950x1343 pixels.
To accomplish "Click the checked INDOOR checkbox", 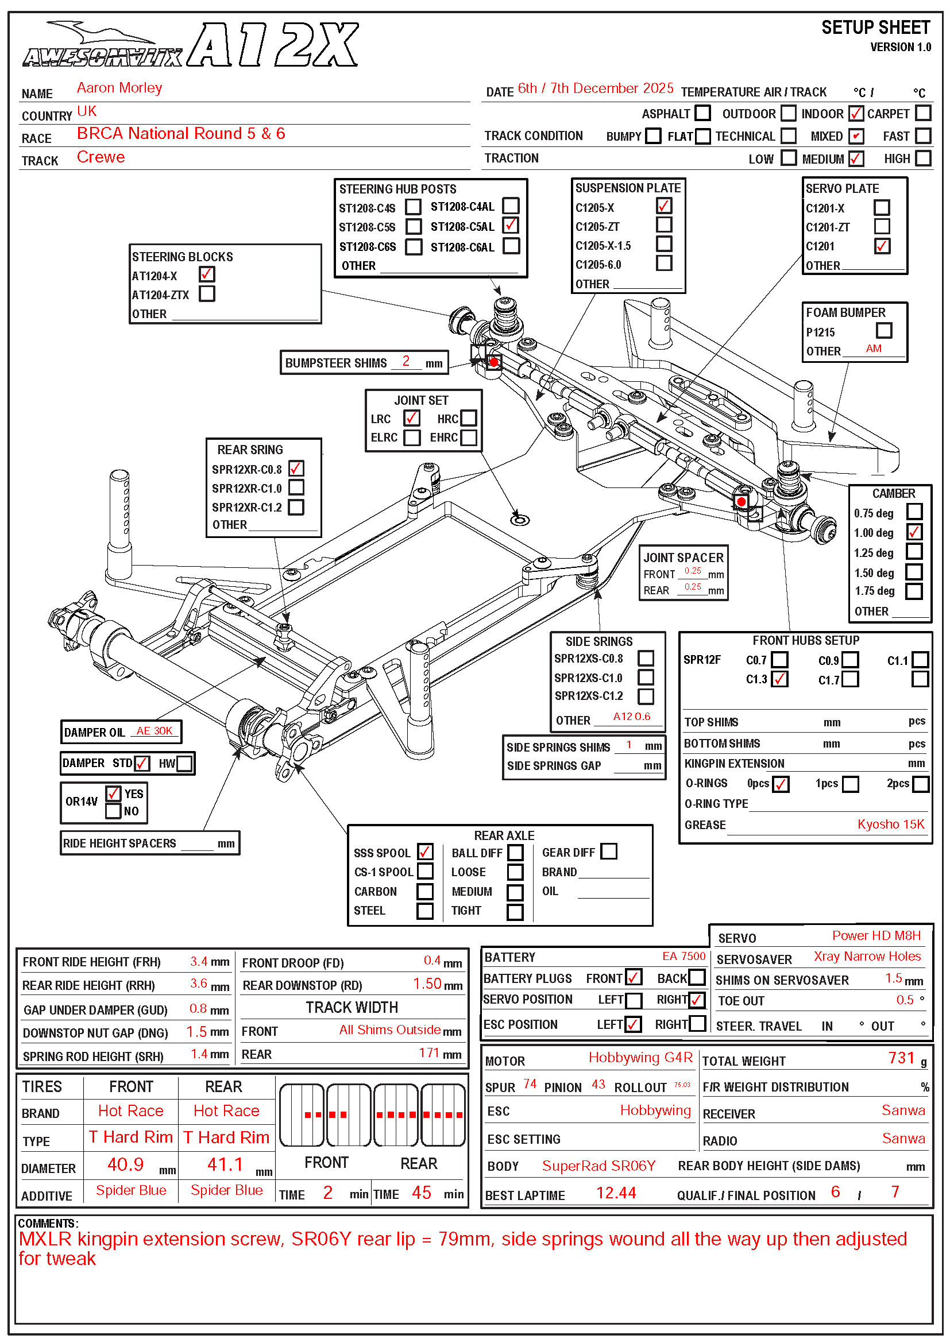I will (x=856, y=113).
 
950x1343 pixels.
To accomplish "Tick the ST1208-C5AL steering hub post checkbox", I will (x=511, y=225).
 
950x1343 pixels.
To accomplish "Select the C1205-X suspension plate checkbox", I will (x=664, y=206).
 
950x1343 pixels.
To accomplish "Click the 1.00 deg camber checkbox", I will (x=914, y=532).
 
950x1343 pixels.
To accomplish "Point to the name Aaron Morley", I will (x=119, y=88).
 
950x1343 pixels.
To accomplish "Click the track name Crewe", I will (x=101, y=157).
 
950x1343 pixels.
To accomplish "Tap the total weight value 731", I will (x=901, y=1058).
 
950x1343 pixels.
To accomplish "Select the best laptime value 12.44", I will (x=616, y=1193).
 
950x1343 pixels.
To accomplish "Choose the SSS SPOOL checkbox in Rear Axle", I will (x=425, y=852).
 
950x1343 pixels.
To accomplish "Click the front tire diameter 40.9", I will (x=125, y=1164).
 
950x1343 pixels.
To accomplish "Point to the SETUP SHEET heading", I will (x=875, y=28).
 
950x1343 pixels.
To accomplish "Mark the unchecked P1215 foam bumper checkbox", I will (x=884, y=331).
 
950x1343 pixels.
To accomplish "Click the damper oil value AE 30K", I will (x=155, y=731).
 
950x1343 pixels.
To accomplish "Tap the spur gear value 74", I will (x=530, y=1084).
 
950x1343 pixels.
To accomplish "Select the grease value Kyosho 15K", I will (x=891, y=824).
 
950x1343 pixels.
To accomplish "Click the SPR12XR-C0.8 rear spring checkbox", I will (x=296, y=469).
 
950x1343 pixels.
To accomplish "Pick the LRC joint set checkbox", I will (x=411, y=417).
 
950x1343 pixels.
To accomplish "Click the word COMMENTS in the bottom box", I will (x=47, y=1224).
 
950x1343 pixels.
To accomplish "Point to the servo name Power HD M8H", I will (x=876, y=935).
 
